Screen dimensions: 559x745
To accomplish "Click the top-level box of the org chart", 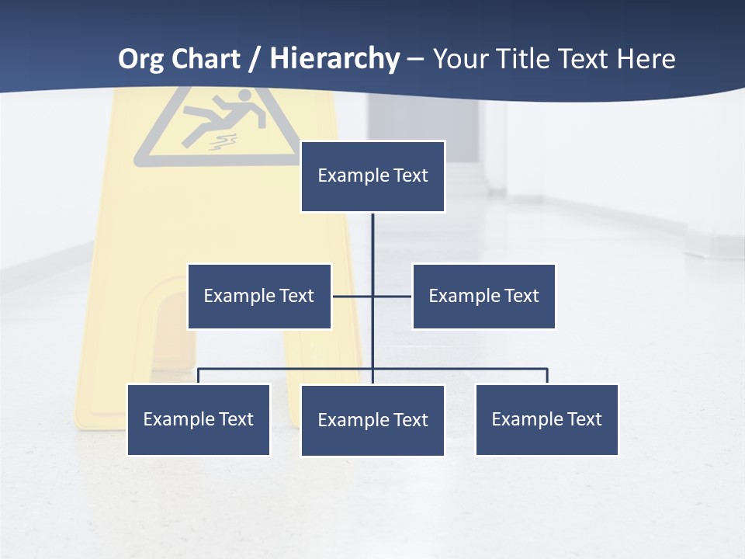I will click(372, 176).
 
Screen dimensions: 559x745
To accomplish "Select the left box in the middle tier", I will click(259, 296).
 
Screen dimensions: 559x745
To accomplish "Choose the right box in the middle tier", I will click(483, 296).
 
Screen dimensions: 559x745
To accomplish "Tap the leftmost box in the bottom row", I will click(199, 419).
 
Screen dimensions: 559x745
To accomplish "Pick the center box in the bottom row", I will click(372, 420).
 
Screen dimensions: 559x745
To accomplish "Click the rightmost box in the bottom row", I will click(546, 419).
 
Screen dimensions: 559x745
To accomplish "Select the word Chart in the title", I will click(205, 59).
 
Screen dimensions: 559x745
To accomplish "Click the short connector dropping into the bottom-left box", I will click(199, 376).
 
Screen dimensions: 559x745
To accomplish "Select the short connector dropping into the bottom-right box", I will click(547, 376).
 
